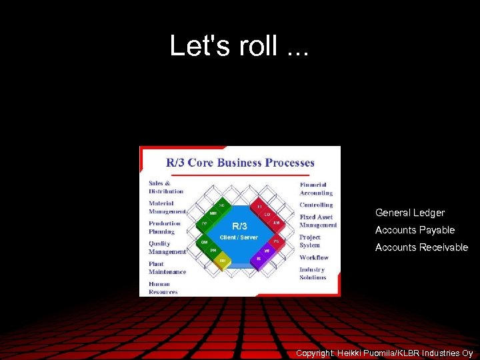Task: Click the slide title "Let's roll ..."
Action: (239, 46)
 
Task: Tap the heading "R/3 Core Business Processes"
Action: (240, 163)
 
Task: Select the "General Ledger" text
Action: (409, 213)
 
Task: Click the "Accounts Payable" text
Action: (415, 230)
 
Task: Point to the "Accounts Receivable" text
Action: (421, 247)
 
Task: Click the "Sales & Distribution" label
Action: (166, 187)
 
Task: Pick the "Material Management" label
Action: (167, 207)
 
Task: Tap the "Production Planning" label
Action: (164, 227)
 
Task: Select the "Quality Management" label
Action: (167, 247)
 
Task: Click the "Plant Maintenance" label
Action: (167, 267)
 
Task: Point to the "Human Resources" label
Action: (163, 288)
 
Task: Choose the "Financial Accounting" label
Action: (316, 189)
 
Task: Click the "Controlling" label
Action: (316, 205)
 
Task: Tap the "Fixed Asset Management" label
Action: (318, 221)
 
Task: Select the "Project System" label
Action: (310, 241)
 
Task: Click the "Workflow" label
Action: (314, 257)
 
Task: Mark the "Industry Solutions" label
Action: (313, 273)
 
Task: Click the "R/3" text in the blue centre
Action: (239, 226)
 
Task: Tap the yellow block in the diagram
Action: (223, 261)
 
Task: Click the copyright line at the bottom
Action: (384, 353)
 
